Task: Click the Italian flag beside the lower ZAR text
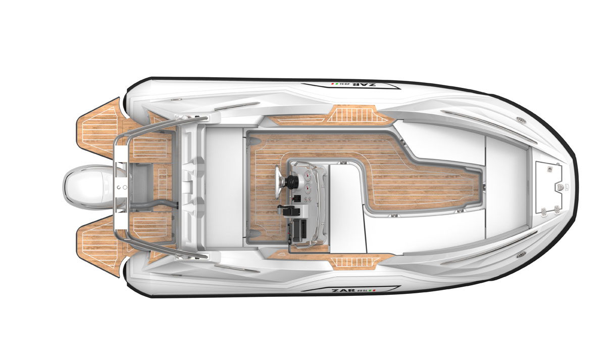coord(373,291)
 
